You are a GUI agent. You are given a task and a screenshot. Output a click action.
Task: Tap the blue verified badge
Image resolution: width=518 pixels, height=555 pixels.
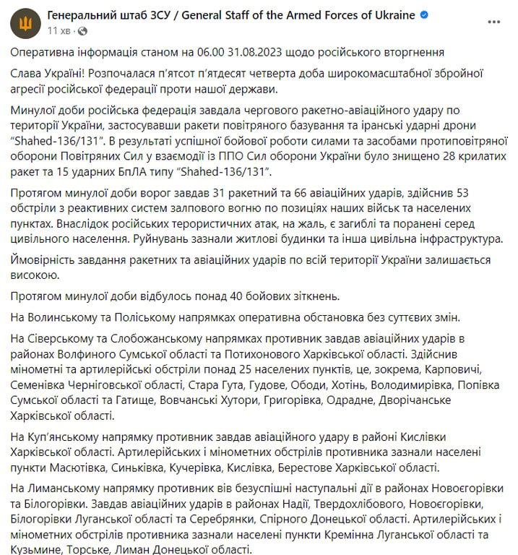point(424,15)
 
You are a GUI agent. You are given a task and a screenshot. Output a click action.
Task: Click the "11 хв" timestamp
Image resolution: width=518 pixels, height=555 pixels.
point(59,31)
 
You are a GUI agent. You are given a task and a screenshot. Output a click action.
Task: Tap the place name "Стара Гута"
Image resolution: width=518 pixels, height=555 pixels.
point(215,384)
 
